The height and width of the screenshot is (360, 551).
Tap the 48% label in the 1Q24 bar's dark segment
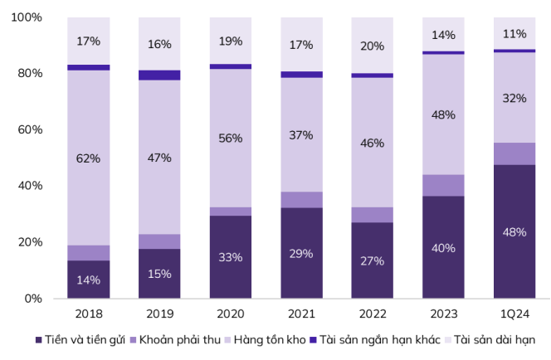click(514, 232)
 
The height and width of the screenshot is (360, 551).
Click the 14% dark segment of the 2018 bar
click(88, 279)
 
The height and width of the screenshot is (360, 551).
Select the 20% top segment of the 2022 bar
click(372, 46)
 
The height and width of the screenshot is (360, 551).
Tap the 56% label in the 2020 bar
click(230, 139)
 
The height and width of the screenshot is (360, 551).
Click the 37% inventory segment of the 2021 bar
click(301, 135)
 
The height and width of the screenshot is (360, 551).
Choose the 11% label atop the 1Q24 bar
click(514, 34)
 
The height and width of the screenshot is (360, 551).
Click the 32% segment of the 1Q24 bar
click(514, 98)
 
